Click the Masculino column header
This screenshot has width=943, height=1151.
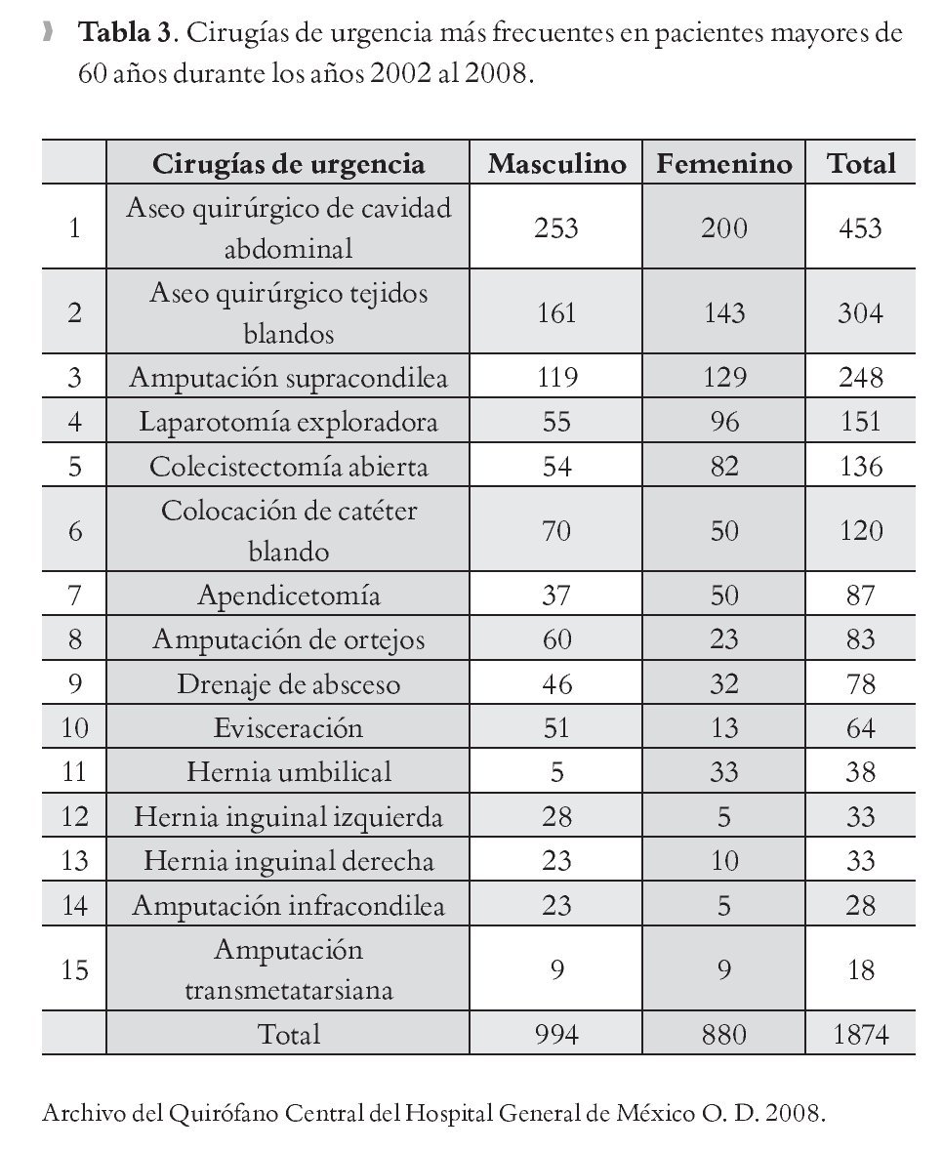pos(556,163)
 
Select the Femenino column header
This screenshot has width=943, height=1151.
pos(723,163)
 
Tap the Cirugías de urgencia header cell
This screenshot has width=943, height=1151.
pos(288,163)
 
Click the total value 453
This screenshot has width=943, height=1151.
pos(860,228)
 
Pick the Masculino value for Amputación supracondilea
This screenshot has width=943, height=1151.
pos(556,377)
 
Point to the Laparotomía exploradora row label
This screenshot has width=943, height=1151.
pos(288,422)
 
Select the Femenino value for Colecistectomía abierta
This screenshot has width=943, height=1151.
pos(723,467)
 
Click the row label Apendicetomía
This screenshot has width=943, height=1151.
pos(288,596)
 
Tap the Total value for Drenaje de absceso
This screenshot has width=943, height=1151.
pos(860,684)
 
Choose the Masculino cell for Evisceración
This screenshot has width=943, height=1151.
pos(556,728)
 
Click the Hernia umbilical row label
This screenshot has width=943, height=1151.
pos(288,772)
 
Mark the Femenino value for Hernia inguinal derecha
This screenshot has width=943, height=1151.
pos(723,861)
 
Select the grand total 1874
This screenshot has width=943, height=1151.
pos(860,1034)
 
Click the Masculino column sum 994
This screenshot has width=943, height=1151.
pos(556,1034)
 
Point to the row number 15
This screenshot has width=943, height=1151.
pos(74,969)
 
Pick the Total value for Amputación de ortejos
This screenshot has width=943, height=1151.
pos(860,640)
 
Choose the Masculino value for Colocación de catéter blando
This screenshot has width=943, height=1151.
pos(556,531)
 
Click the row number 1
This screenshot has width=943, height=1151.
pos(74,228)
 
